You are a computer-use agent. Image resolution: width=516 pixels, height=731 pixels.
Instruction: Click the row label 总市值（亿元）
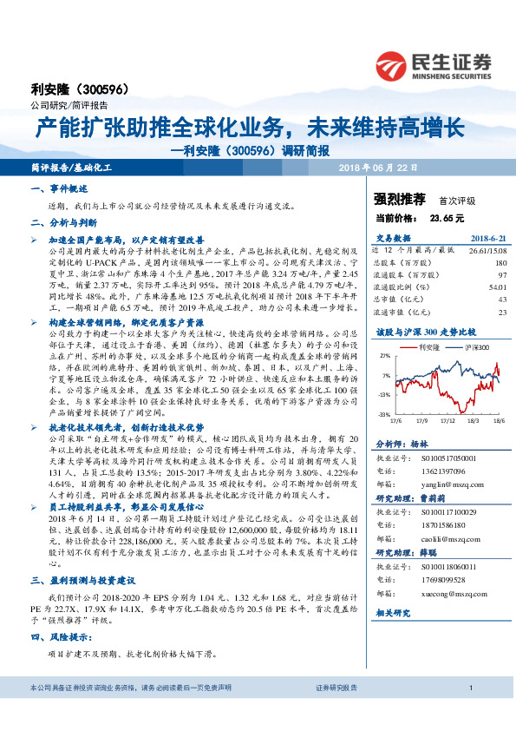click(399, 297)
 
